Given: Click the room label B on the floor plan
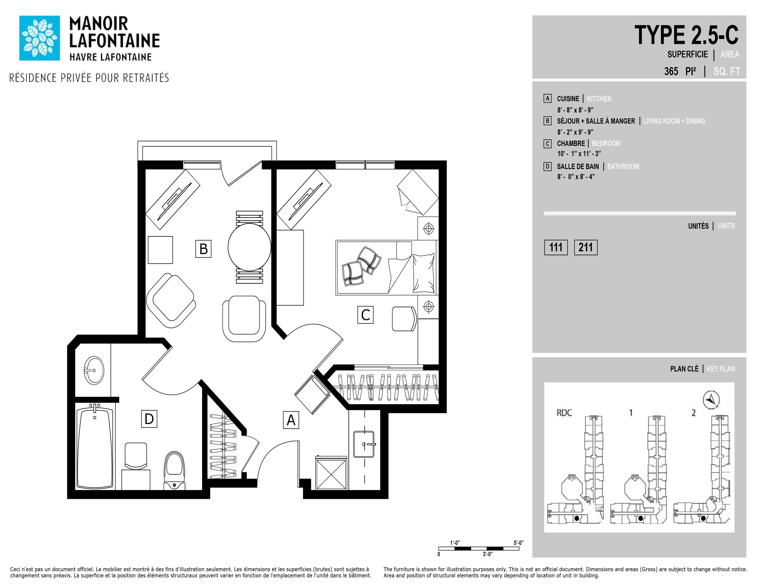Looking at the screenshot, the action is (203, 249).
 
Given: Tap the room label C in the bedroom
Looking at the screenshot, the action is (366, 315).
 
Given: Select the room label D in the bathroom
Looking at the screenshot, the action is (149, 419).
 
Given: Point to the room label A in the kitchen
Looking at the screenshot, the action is (291, 420).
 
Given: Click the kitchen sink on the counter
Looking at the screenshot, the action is (364, 444).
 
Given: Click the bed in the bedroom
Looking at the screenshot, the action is (386, 267).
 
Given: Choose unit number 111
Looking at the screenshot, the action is (556, 247).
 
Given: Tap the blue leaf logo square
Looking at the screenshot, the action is (39, 38).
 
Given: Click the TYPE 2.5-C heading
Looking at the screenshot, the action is (686, 35).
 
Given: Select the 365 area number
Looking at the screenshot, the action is (671, 71).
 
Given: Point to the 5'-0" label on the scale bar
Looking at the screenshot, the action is (518, 543).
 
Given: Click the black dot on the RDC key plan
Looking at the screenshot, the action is (577, 518).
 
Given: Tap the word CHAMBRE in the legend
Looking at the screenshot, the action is (571, 143).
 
